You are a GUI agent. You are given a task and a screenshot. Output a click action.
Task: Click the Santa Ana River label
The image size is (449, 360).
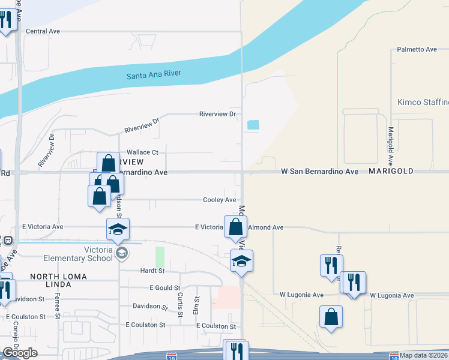click(x=154, y=75)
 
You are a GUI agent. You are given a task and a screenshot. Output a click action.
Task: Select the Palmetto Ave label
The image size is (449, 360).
click(x=417, y=49)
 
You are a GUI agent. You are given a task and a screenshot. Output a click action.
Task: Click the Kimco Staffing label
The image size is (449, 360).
click(x=423, y=102)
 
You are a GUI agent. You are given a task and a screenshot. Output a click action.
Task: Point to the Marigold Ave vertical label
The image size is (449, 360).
click(x=390, y=146)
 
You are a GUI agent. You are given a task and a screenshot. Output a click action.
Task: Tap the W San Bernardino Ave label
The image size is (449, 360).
click(x=320, y=172)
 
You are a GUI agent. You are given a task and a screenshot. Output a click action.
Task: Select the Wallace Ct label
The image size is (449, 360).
click(x=142, y=152)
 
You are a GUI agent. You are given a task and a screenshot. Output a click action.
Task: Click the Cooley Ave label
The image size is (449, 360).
click(x=220, y=200)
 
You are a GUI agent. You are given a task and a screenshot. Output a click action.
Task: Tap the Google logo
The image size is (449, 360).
click(x=20, y=353)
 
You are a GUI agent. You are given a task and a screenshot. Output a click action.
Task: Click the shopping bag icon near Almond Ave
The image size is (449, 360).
click(x=236, y=227)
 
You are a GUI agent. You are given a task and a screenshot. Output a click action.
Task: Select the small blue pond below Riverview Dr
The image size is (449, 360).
click(x=253, y=125)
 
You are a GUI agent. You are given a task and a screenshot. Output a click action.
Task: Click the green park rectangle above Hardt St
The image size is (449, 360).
click(x=160, y=257)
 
